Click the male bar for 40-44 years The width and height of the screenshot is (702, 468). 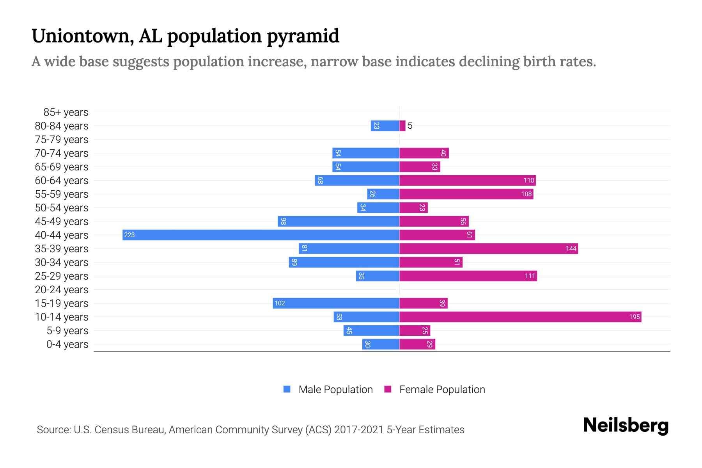pyautogui.click(x=261, y=235)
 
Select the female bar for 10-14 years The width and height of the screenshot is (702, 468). pyautogui.click(x=520, y=317)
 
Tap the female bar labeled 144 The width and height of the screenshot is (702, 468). pyautogui.click(x=488, y=248)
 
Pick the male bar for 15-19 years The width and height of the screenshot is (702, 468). pyautogui.click(x=336, y=303)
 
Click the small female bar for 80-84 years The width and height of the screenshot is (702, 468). pyautogui.click(x=402, y=126)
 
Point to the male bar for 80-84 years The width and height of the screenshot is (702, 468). pyautogui.click(x=385, y=126)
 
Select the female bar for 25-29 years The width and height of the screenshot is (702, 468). pyautogui.click(x=468, y=276)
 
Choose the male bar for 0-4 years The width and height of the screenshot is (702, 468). pyautogui.click(x=381, y=344)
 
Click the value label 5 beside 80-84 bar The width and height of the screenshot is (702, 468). pyautogui.click(x=410, y=126)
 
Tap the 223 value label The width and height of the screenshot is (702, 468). pyautogui.click(x=129, y=235)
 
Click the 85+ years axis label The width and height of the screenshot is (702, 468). pyautogui.click(x=66, y=112)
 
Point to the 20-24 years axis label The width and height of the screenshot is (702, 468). pyautogui.click(x=62, y=290)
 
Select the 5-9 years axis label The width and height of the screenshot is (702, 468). pyautogui.click(x=67, y=331)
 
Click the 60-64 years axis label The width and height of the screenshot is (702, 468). pyautogui.click(x=62, y=181)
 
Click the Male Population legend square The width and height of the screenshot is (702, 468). pyautogui.click(x=287, y=389)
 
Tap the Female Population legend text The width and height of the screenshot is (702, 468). pyautogui.click(x=442, y=389)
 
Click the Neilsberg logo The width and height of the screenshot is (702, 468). pyautogui.click(x=626, y=425)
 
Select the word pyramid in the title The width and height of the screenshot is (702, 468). pyautogui.click(x=303, y=36)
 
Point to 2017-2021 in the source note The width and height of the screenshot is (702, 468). pyautogui.click(x=358, y=430)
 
